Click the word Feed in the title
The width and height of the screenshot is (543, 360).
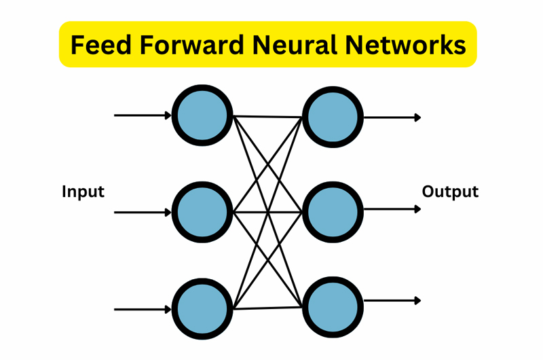[100, 45]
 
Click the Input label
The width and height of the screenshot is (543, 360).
[83, 192]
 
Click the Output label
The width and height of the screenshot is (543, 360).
[450, 192]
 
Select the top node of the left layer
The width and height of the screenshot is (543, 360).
[202, 115]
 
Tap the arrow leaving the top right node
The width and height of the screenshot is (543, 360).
[392, 118]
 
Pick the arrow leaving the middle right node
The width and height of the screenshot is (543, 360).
[392, 209]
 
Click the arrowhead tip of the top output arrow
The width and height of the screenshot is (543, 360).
[420, 118]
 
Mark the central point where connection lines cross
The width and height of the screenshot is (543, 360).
[269, 212]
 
